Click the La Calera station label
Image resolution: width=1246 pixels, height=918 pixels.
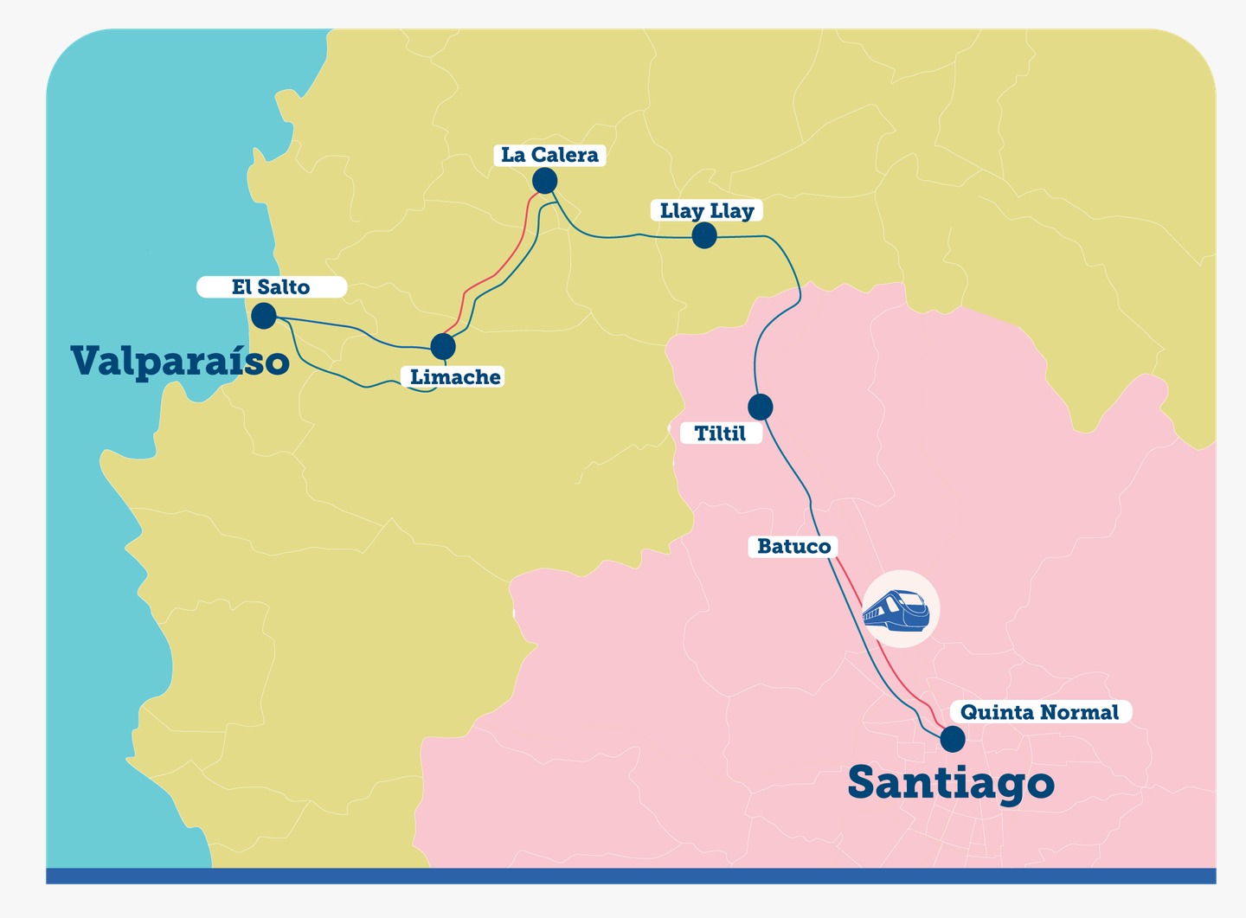coord(549,155)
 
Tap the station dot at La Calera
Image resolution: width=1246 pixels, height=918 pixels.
coord(544,181)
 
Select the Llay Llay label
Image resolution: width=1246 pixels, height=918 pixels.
coord(706,210)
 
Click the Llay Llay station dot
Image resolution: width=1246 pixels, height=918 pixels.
coord(704,235)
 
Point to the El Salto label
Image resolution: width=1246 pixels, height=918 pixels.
coord(271,286)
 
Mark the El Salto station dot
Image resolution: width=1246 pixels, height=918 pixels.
coord(264,316)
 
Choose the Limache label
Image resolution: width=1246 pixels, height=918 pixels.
coord(454,376)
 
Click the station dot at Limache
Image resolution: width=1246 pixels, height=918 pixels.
coord(443,346)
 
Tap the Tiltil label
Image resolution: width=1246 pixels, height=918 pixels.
coord(719,433)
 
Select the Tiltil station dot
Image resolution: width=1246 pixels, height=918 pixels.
coord(760,406)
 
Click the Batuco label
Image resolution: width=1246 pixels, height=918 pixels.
coord(793,546)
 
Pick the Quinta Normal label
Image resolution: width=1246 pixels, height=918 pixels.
coord(1039,712)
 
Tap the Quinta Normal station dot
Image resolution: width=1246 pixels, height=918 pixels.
coord(952,739)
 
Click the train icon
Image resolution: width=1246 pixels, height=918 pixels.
coord(897,609)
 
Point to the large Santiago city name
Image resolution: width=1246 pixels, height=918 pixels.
coord(950,782)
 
